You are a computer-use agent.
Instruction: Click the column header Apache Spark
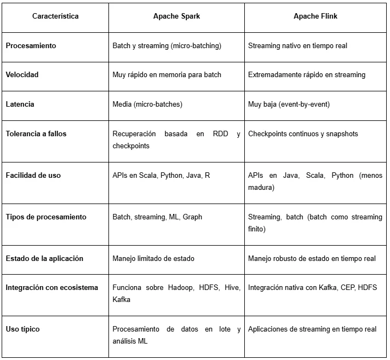point(176,16)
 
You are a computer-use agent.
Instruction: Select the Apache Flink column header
point(315,16)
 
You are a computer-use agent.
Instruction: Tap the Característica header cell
point(55,16)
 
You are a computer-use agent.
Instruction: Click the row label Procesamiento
point(31,46)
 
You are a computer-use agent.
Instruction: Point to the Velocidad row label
point(22,74)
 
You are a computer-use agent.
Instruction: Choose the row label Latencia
point(21,103)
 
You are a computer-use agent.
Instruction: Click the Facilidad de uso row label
point(33,175)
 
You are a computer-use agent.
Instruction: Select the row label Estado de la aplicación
point(44,258)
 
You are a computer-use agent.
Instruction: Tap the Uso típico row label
point(22,329)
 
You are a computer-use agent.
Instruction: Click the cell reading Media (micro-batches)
point(147,103)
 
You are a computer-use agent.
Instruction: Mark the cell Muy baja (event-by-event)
point(289,103)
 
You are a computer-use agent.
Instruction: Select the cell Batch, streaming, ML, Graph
point(157,217)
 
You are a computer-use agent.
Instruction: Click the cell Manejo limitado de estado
point(153,258)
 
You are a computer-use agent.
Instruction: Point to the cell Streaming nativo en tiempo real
point(297,46)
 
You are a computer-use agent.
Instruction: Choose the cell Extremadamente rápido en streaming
point(307,74)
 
